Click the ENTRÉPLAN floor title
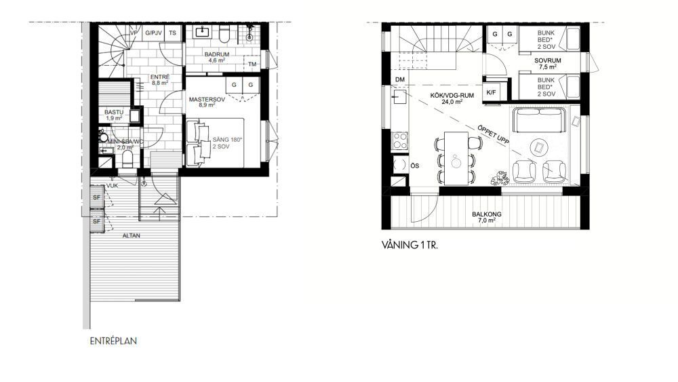point(113,341)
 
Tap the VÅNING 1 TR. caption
point(410,246)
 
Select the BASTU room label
point(114,113)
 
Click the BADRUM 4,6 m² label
point(217,58)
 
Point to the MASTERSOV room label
point(207,100)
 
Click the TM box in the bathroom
point(252,64)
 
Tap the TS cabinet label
point(172,33)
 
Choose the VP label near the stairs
point(134,33)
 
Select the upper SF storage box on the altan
point(96,197)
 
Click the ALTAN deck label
point(131,235)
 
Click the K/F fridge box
point(491,92)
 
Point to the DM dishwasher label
point(400,79)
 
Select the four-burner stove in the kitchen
point(399,140)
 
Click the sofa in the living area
point(539,120)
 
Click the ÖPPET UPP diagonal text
point(494,134)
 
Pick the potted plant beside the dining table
point(500,178)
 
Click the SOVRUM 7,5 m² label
point(547,64)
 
